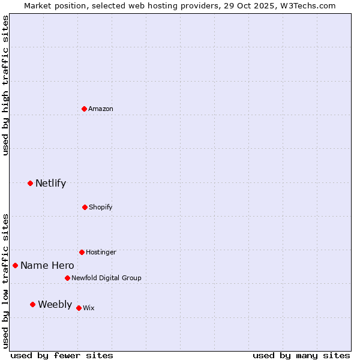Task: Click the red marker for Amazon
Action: pos(85,109)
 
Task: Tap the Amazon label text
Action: pos(101,109)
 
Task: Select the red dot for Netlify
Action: pos(30,183)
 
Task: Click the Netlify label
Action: pos(50,184)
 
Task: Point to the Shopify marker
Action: pos(85,207)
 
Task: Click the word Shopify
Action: pos(101,207)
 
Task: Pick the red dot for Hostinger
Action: pos(82,252)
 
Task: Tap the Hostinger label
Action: pos(101,252)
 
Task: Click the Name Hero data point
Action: pos(15,265)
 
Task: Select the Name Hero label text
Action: pos(47,265)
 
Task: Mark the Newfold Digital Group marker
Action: pos(67,278)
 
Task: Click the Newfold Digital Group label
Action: pos(106,278)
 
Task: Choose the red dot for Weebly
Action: pos(32,304)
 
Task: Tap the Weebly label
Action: pos(55,304)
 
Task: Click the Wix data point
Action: pos(79,308)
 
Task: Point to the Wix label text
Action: pos(89,308)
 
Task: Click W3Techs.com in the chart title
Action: pos(307,6)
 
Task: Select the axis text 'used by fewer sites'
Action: pos(62,355)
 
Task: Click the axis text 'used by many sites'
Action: pos(301,355)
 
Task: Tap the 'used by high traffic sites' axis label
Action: pos(6,85)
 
